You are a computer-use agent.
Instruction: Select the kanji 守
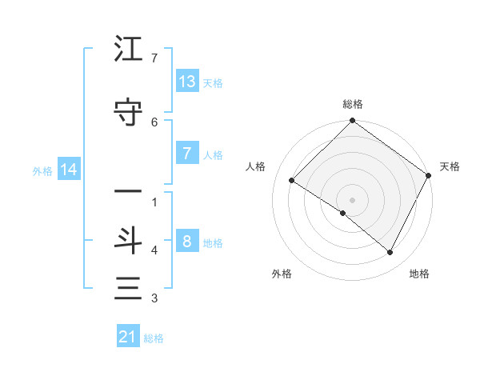pos(128,112)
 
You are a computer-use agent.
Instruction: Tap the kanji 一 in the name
pos(128,192)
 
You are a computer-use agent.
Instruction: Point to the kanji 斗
pos(128,240)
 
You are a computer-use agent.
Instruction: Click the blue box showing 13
pos(187,82)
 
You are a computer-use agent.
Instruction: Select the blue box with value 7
pos(187,154)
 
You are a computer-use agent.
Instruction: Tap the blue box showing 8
pos(187,242)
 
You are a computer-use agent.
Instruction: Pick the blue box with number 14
pos(69,170)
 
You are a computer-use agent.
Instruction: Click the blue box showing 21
pos(128,337)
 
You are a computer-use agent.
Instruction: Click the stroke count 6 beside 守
pos(154,122)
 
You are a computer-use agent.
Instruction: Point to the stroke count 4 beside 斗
pos(154,250)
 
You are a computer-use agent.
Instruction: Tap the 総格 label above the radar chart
pos(353,104)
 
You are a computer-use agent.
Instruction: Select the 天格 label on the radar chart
pos(450,166)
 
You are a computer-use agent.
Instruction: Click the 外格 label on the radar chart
pos(282,274)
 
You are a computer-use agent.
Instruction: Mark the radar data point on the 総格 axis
pos(352,122)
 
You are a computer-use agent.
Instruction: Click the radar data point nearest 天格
pos(428,175)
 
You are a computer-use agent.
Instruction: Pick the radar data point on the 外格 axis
pos(342,214)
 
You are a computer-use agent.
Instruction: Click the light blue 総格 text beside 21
pos(154,338)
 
